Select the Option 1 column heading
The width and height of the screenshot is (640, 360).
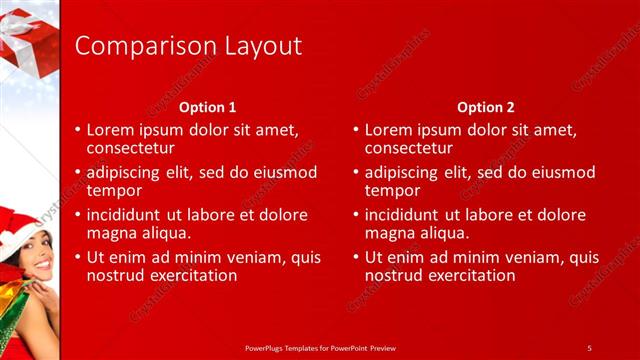(208, 107)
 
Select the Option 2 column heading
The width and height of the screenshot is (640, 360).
(486, 107)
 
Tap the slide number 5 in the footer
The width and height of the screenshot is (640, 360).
(589, 347)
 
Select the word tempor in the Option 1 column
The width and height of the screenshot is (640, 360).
(113, 190)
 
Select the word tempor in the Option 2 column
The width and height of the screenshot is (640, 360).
(391, 190)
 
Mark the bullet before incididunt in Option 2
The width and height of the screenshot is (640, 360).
(356, 215)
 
